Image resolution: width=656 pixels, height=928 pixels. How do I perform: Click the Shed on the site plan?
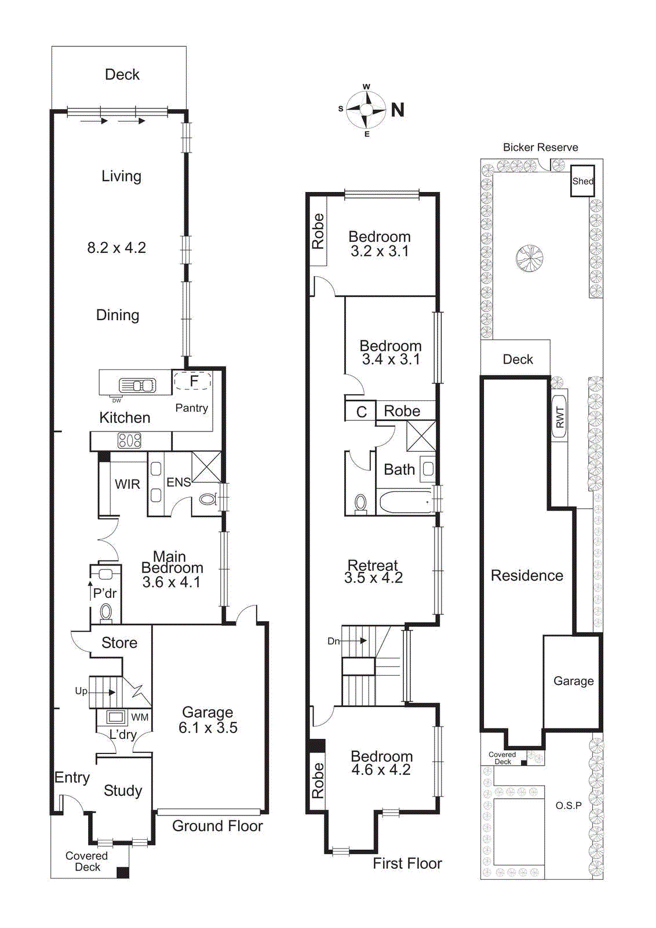tap(582, 181)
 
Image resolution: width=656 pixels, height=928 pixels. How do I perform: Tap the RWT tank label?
tap(559, 417)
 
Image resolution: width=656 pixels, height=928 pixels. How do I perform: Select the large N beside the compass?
tap(398, 110)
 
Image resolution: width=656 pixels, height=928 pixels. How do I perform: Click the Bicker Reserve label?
tap(540, 147)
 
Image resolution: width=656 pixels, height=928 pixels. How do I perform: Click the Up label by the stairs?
tap(81, 691)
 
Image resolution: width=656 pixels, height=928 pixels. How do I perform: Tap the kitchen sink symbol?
tap(137, 385)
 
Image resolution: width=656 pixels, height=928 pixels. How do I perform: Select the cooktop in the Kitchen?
tap(129, 441)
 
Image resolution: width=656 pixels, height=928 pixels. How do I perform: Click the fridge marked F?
tap(194, 381)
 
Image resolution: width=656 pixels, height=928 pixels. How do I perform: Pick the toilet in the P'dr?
tap(106, 611)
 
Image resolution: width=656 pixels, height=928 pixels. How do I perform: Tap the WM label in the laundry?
tap(140, 717)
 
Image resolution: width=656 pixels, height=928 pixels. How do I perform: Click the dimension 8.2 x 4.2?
tap(116, 248)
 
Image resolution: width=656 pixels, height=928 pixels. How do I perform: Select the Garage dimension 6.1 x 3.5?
tap(208, 728)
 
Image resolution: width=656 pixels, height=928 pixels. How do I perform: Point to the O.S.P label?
tap(568, 806)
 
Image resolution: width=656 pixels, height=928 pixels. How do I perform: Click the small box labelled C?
tap(361, 412)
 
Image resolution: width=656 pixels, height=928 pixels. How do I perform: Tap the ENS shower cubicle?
tap(206, 467)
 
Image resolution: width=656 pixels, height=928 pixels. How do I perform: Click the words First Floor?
tap(407, 864)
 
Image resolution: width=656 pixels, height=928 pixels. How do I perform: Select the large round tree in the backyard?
tap(529, 258)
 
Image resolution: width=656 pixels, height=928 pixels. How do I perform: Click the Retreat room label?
tap(373, 565)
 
